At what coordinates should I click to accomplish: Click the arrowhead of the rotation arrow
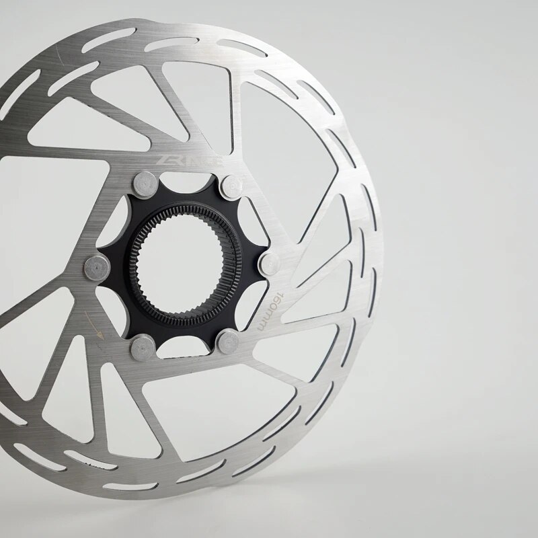click(101, 334)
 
